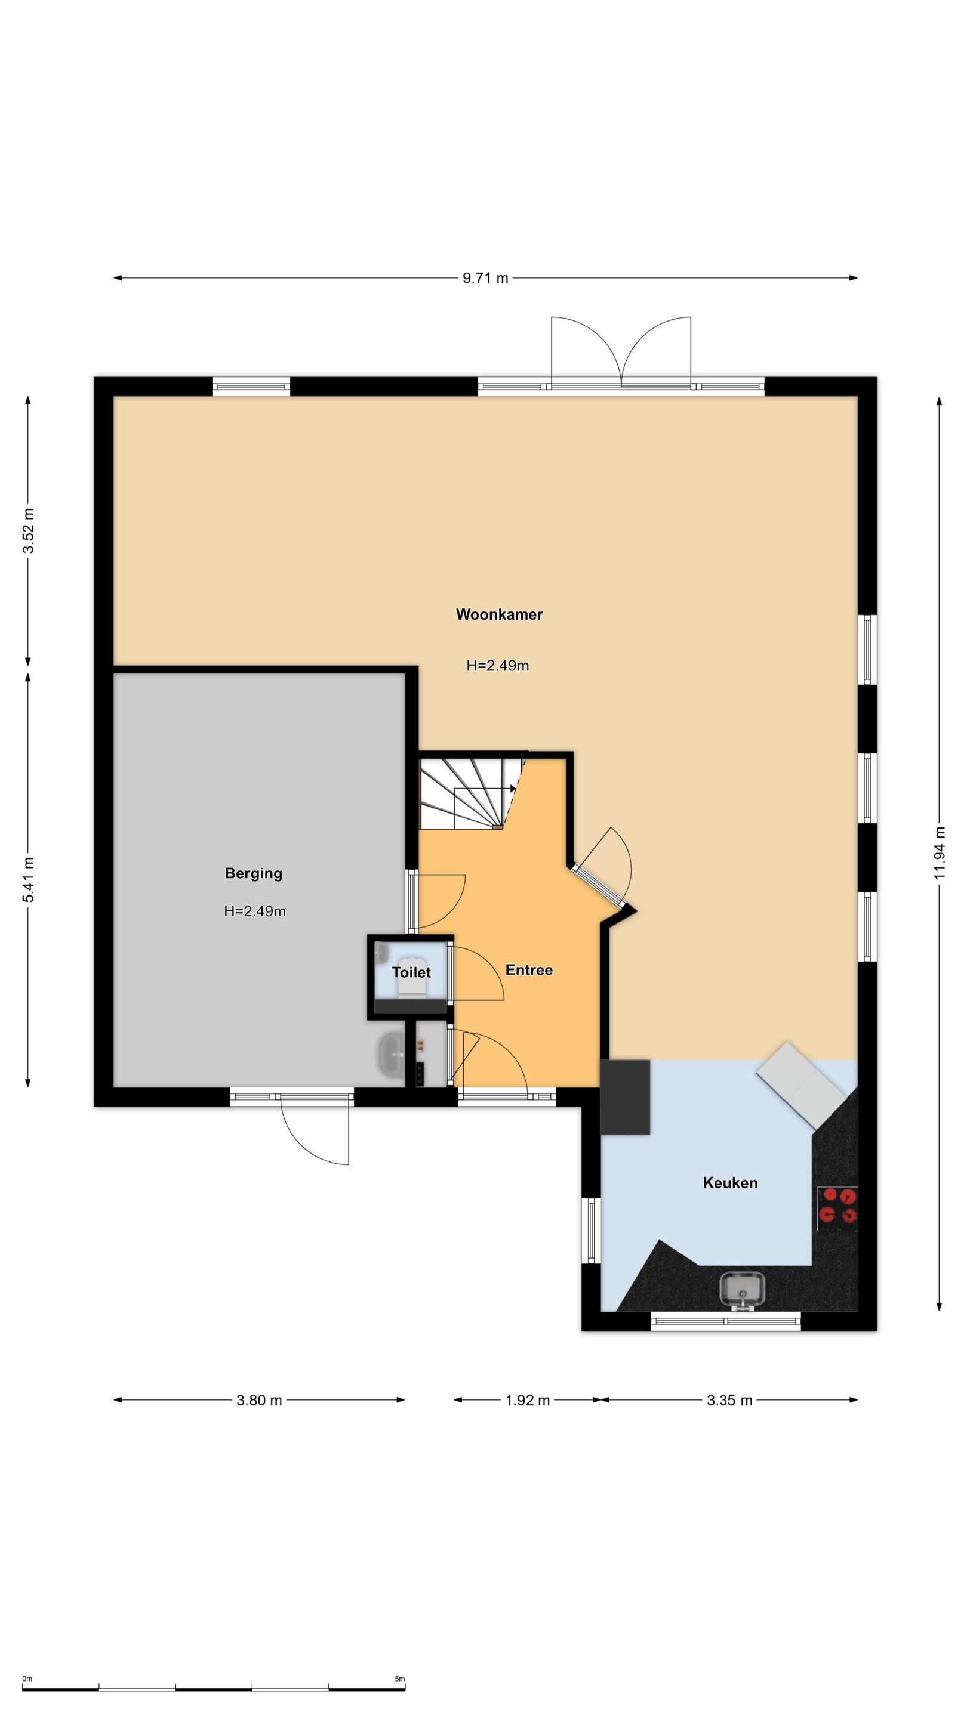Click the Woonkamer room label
pos(499,614)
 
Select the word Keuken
pos(730,1183)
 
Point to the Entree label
pos(528,970)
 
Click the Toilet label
pos(411,972)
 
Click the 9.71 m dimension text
pos(485,278)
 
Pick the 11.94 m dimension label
pos(940,853)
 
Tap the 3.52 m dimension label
pos(29,531)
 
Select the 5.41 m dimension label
pos(29,880)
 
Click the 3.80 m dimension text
pos(259,1401)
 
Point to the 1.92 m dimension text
pos(527,1401)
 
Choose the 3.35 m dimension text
pos(729,1401)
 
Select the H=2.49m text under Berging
pos(255,911)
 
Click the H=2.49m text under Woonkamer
pos(498,666)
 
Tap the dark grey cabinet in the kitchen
pos(626,1097)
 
